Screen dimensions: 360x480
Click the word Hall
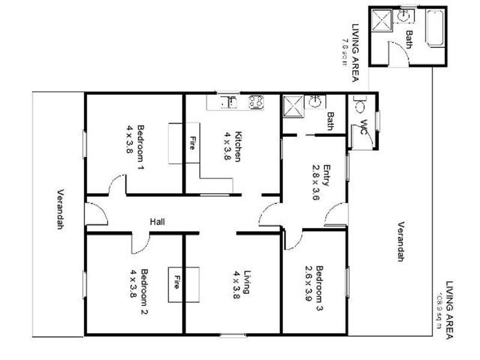coord(157,222)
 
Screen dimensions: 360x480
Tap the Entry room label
coord(327,175)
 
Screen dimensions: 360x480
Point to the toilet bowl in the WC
coord(360,106)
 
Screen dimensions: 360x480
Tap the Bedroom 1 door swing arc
coord(116,187)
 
